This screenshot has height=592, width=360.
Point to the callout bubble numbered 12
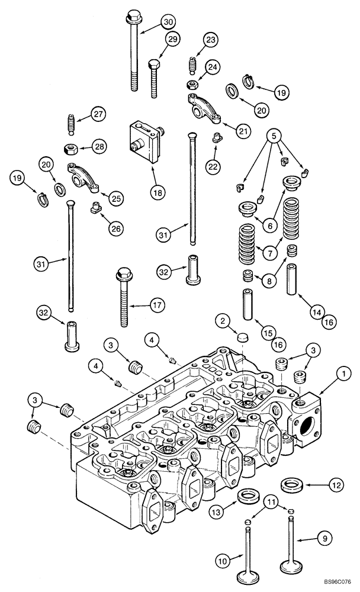(x=335, y=485)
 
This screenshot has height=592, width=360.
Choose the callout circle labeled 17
(x=156, y=306)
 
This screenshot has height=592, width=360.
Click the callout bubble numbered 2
(x=223, y=321)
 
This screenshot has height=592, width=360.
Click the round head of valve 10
(x=247, y=575)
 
